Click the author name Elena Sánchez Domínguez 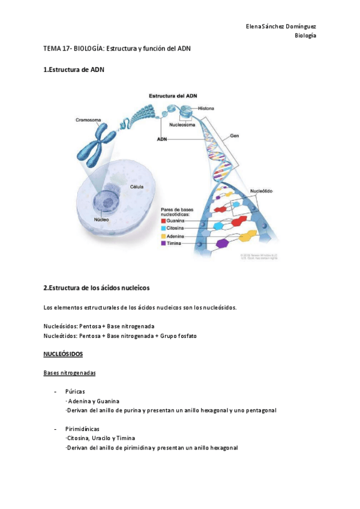281,26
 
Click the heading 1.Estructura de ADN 74,70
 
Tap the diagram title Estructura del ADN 173,96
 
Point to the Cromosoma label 88,119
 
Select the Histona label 207,108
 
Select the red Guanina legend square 163,221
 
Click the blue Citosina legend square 163,229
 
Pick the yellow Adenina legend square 163,236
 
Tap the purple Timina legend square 163,244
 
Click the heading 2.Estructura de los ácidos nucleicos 97,288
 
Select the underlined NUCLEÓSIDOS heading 63,355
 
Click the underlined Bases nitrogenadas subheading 70,373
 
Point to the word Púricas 76,391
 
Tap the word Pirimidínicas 82,429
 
